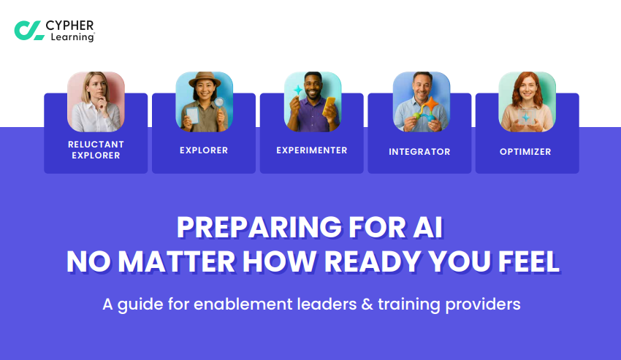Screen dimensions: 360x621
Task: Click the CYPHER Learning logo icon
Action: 28,30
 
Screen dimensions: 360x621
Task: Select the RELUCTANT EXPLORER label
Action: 96,150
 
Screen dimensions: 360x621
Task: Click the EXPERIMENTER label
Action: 311,150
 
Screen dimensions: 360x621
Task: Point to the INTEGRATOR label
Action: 419,152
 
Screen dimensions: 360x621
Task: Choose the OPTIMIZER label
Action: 527,152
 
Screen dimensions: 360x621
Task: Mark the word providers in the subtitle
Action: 482,304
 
